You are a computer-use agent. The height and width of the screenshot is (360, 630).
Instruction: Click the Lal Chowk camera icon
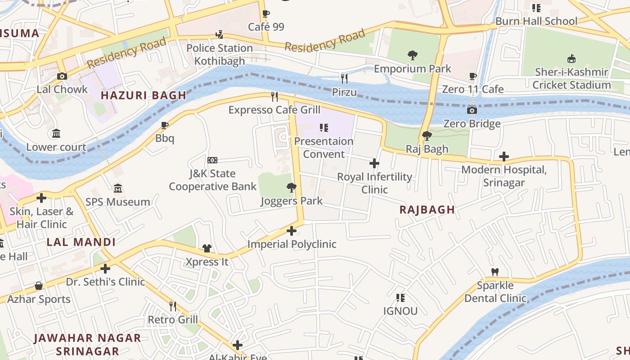click(x=62, y=76)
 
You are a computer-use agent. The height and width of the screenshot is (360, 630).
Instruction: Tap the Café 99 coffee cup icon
click(x=266, y=13)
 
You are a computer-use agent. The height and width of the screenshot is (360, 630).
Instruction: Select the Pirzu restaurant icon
click(x=344, y=79)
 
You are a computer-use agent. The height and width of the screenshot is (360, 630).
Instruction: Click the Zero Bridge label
click(x=472, y=124)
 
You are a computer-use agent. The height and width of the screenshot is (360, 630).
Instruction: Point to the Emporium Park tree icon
click(x=412, y=55)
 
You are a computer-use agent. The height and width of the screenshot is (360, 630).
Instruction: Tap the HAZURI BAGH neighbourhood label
click(x=143, y=95)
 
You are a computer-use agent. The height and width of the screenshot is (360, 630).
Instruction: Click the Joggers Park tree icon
click(x=292, y=187)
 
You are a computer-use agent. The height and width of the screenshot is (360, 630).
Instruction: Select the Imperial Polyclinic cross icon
click(x=292, y=231)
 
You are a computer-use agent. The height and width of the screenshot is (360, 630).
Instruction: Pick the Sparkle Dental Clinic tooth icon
click(x=495, y=272)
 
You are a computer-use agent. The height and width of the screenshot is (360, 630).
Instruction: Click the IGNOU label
click(x=400, y=311)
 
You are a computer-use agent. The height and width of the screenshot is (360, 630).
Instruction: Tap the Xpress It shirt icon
click(x=207, y=248)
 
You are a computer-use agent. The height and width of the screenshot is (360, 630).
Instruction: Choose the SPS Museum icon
click(x=118, y=188)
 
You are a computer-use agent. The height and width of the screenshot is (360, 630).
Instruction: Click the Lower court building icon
click(x=56, y=134)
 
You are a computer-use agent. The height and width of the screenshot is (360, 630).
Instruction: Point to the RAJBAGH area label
click(x=427, y=210)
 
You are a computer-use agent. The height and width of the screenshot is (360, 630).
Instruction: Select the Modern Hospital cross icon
click(x=504, y=157)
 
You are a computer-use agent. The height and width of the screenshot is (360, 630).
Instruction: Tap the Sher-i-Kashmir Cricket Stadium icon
click(x=571, y=58)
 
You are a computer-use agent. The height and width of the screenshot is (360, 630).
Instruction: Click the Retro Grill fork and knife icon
click(x=173, y=306)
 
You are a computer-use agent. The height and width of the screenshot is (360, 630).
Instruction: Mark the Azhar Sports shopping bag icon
click(x=39, y=286)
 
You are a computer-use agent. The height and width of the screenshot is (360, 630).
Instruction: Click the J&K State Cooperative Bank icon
click(x=212, y=160)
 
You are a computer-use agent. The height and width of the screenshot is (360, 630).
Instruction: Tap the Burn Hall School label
click(x=536, y=21)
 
